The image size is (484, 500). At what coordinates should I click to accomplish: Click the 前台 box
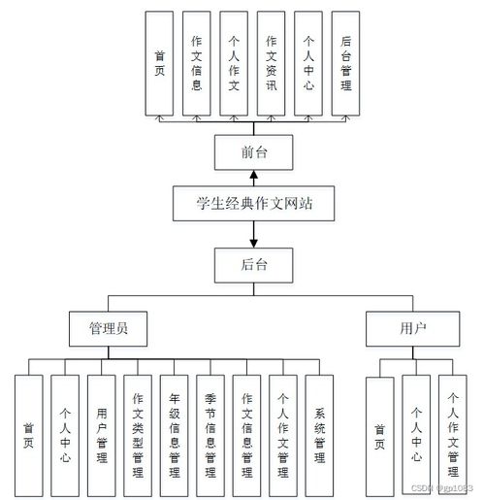click(253, 152)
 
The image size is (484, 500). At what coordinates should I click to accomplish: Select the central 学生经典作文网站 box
click(253, 205)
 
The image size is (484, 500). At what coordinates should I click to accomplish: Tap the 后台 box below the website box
click(253, 263)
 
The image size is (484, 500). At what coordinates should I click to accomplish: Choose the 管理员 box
click(108, 328)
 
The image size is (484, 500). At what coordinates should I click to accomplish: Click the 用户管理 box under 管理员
click(102, 428)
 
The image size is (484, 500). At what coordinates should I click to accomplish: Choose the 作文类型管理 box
click(138, 428)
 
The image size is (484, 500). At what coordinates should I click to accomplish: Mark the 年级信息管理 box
click(175, 428)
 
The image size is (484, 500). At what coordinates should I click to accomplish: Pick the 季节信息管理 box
click(210, 428)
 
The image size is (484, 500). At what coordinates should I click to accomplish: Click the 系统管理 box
click(319, 428)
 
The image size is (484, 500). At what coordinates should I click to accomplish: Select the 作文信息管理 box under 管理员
click(246, 428)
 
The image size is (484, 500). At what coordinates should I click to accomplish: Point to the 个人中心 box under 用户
click(416, 428)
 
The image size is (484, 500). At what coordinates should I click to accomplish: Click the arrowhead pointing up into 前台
click(253, 176)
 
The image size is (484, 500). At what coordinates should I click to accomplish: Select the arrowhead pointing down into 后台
click(253, 240)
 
